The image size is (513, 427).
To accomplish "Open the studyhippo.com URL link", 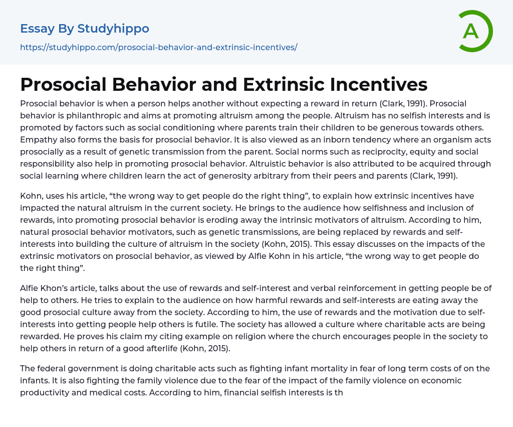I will coord(159,47).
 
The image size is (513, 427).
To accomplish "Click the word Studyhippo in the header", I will coord(113,29).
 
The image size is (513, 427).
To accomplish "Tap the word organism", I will coord(418,139).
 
